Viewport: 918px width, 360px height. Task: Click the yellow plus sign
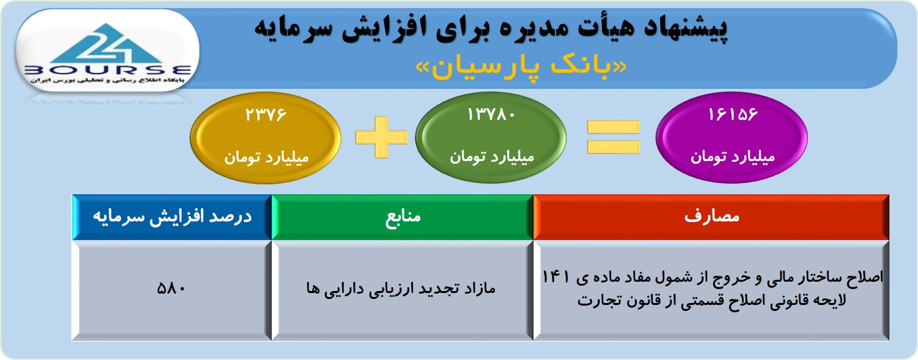381,137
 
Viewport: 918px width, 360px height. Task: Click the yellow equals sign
613,137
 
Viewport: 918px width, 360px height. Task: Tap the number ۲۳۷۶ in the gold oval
266,115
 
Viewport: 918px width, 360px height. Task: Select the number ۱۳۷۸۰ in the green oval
491,115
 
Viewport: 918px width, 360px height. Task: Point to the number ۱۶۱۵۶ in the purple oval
732,115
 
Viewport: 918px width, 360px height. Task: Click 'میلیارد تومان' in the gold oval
266,157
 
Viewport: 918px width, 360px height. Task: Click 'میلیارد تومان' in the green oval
492,156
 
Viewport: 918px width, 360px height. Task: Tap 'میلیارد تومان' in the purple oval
732,156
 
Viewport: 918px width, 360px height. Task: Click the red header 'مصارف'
711,216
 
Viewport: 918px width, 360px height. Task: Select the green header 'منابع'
402,216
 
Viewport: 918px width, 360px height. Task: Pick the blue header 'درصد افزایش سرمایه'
172,217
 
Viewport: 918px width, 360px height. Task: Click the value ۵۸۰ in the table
171,288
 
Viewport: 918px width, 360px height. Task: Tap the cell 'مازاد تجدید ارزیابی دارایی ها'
400,288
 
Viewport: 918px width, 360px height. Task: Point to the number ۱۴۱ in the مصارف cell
555,277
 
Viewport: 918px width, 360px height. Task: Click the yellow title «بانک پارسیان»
521,68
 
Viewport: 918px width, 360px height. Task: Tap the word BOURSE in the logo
108,70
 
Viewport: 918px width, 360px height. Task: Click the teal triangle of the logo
107,44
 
